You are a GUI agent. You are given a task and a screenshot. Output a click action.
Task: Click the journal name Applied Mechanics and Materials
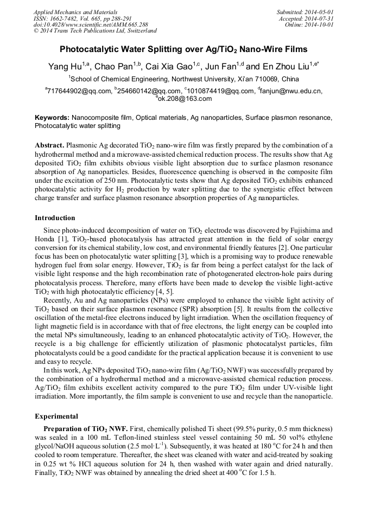tap(75, 11)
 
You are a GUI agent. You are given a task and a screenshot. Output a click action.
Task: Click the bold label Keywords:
tap(52, 118)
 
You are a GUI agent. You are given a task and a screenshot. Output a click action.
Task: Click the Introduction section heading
tap(55, 218)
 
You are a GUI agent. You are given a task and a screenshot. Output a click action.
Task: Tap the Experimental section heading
tap(57, 416)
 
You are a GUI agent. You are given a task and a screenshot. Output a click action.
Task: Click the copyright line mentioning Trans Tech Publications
tap(95, 31)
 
